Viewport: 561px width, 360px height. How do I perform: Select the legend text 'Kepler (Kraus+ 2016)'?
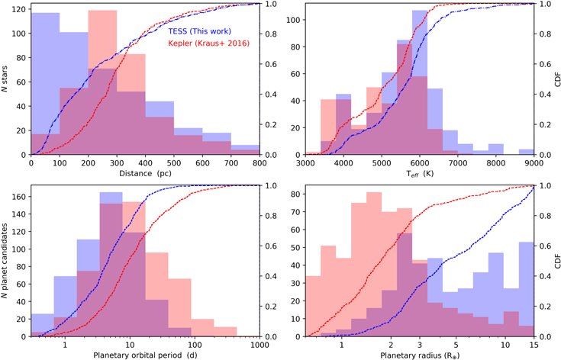tap(208, 43)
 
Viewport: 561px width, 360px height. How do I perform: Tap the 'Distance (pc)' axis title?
tap(145, 174)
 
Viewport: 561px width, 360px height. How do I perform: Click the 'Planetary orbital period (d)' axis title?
tap(146, 355)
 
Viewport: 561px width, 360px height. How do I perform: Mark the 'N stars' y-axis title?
tap(6, 79)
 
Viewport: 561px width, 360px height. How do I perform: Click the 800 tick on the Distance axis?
tap(260, 163)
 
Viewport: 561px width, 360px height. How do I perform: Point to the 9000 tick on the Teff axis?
tap(533, 163)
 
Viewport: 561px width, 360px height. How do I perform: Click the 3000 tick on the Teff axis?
tap(305, 163)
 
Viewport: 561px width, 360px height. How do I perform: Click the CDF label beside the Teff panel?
tap(555, 79)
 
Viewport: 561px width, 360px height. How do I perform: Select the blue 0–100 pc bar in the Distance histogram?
tap(45, 84)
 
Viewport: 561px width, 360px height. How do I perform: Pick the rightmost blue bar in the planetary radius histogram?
tap(526, 290)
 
